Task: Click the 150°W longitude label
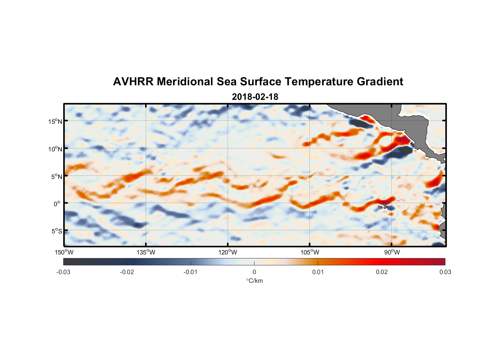(64, 252)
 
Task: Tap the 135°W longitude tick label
(146, 252)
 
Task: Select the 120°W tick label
(228, 252)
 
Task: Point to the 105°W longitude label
(310, 252)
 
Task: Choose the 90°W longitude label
(392, 252)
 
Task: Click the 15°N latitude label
(55, 121)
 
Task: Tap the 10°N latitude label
(55, 149)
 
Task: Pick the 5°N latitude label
(56, 176)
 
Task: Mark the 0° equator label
(57, 204)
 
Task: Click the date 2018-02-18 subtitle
(255, 97)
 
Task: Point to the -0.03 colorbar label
(63, 272)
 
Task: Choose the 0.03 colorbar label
(445, 272)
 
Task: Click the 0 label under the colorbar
(254, 272)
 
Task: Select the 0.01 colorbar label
(318, 272)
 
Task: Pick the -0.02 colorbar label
(127, 272)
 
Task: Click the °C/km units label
(254, 281)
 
